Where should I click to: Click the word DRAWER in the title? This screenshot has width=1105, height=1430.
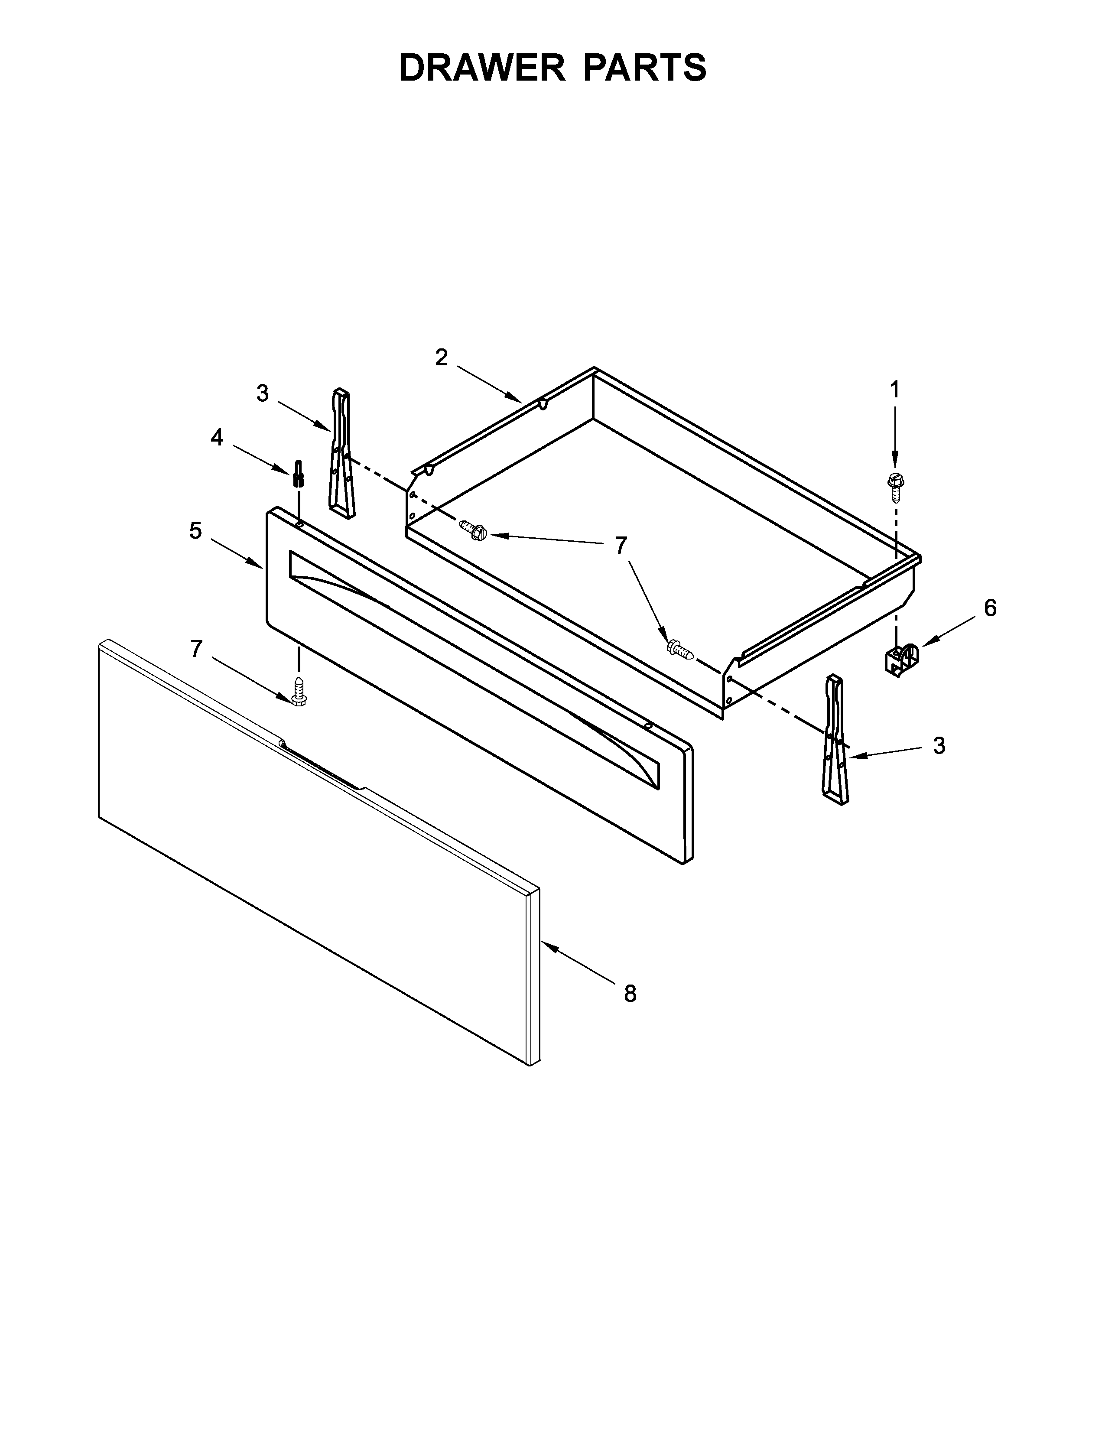[481, 68]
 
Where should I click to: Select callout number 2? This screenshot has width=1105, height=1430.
[442, 357]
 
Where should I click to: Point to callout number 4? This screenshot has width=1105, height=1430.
[217, 437]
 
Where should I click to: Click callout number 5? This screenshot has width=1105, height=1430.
[195, 530]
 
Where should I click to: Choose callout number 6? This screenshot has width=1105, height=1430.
[990, 608]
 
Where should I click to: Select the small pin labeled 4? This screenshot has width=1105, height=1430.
[299, 473]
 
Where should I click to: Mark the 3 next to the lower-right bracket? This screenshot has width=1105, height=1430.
[939, 745]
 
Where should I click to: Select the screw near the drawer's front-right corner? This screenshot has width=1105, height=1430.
[679, 650]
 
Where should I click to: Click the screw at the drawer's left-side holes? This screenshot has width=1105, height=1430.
[474, 529]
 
